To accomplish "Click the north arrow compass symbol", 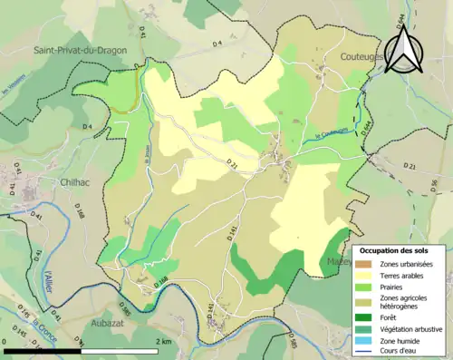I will [x=403, y=48].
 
